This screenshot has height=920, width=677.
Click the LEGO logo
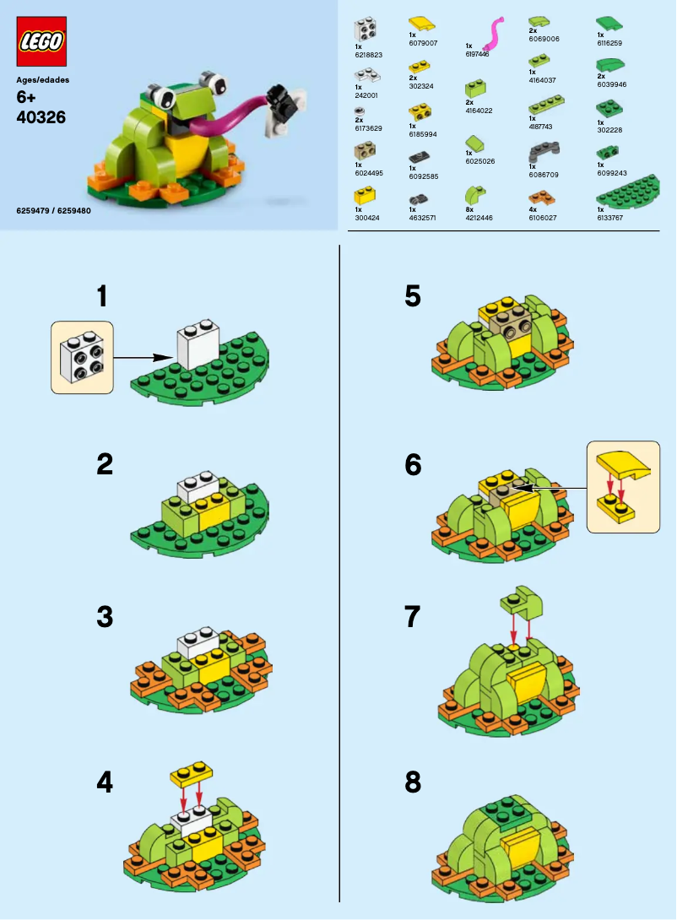[x=41, y=42]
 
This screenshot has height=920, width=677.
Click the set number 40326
[x=41, y=117]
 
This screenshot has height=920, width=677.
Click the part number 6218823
[x=369, y=54]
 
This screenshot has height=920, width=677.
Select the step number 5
[x=412, y=297]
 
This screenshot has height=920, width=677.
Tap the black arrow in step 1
[x=149, y=358]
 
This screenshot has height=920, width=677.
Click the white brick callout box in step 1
[x=82, y=357]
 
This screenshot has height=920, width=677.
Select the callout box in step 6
[x=623, y=486]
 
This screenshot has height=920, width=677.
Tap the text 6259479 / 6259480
[x=53, y=210]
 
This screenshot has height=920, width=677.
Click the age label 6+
[x=27, y=98]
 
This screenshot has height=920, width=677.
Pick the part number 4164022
[x=478, y=110]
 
